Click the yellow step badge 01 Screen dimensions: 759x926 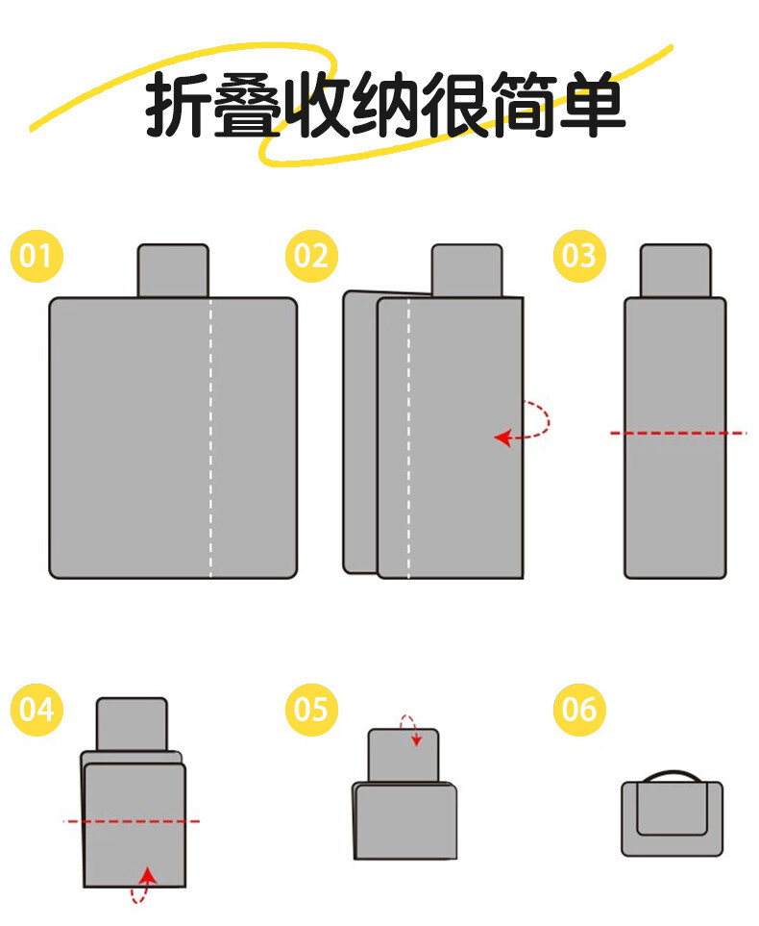(37, 256)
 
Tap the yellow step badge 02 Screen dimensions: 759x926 (311, 256)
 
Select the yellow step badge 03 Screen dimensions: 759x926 (579, 256)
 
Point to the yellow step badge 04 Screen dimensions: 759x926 (37, 710)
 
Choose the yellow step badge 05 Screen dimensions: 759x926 (311, 710)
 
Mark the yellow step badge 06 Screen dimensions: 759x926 (579, 710)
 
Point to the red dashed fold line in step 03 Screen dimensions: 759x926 (677, 434)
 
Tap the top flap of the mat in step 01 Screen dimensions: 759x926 (173, 270)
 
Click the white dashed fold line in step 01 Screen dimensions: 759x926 (210, 438)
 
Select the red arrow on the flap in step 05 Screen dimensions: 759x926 (410, 729)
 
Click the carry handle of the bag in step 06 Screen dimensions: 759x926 (672, 774)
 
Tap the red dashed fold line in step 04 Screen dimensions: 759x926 (132, 821)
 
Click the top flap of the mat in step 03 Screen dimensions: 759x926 (675, 270)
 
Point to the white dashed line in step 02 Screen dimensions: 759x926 (408, 438)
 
